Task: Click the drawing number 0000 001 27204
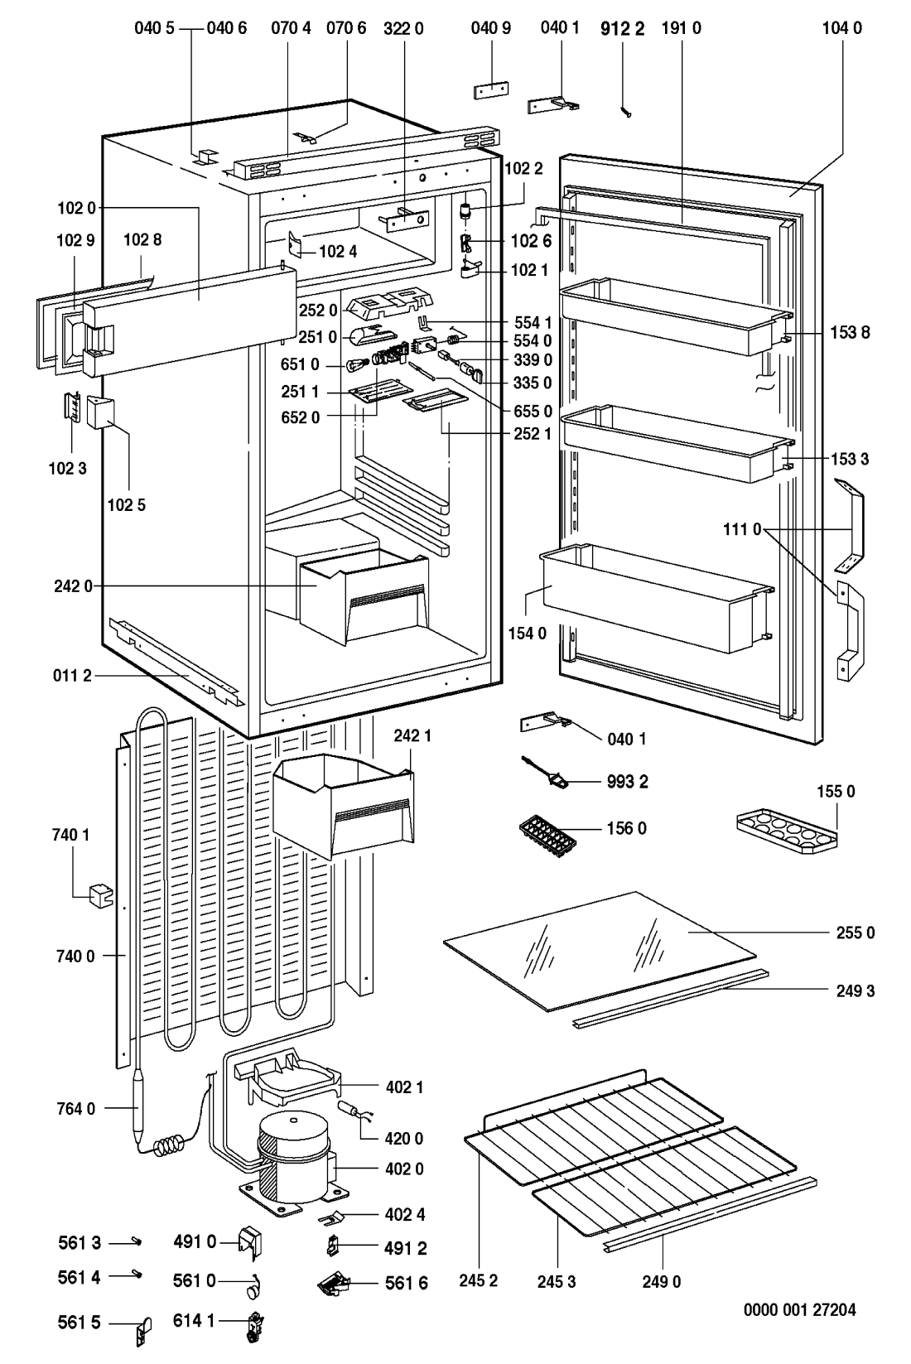click(x=799, y=1310)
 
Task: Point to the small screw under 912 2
click(x=628, y=111)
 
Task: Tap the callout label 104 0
click(x=842, y=28)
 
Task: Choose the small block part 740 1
click(x=100, y=894)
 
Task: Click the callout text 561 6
click(x=407, y=1284)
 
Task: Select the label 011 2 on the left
click(x=75, y=677)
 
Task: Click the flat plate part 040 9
click(x=491, y=90)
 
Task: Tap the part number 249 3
click(x=854, y=990)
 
